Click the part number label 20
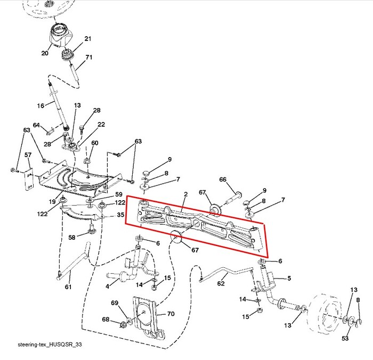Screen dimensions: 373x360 (45, 53)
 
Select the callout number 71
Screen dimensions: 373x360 (89, 57)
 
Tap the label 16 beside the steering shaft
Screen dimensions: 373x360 (40, 105)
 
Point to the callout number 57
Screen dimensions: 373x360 (28, 155)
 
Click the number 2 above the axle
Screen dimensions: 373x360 (186, 194)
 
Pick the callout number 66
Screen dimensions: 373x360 (223, 179)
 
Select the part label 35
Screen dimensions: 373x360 (120, 215)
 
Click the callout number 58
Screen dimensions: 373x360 (72, 238)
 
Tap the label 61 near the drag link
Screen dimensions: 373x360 (68, 287)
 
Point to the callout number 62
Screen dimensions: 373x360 (221, 283)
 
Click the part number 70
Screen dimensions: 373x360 (171, 314)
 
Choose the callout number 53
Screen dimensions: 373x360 (345, 338)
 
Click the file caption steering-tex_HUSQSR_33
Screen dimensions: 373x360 (50, 345)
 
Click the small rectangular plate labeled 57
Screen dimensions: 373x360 (29, 179)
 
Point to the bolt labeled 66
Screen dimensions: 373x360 (233, 199)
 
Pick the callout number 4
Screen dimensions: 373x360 (108, 287)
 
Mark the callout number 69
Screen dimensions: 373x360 (115, 302)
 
